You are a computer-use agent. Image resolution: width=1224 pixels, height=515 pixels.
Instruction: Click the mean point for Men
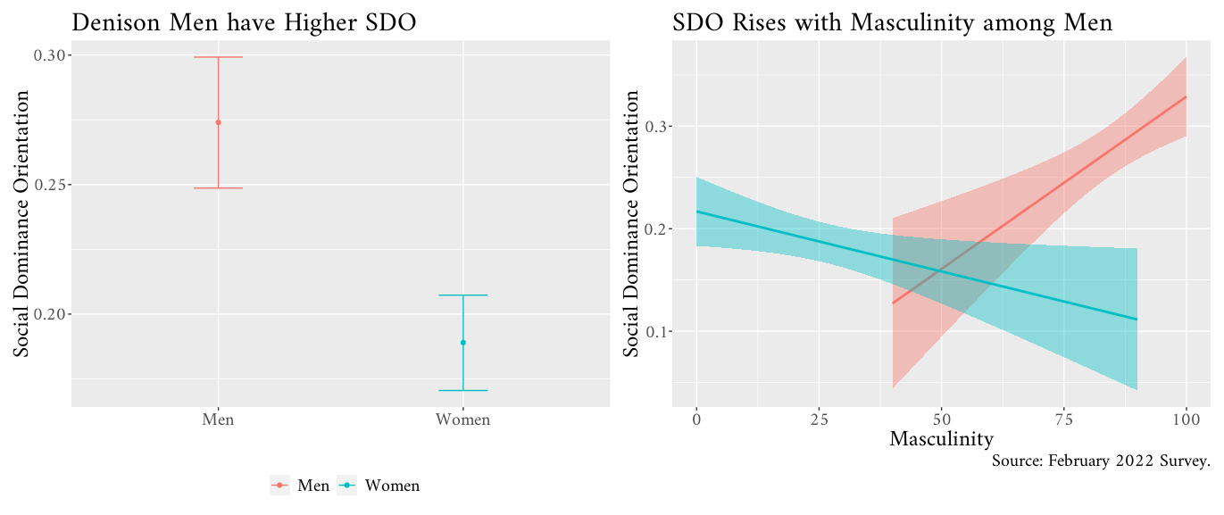pyautogui.click(x=218, y=122)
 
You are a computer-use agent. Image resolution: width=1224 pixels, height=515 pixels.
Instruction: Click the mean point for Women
pyautogui.click(x=463, y=343)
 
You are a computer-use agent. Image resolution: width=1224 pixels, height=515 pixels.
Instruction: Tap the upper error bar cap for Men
pyautogui.click(x=218, y=57)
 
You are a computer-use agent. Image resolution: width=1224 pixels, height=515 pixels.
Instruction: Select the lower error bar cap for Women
pyautogui.click(x=463, y=390)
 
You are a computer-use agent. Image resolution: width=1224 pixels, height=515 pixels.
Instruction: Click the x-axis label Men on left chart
pyautogui.click(x=218, y=419)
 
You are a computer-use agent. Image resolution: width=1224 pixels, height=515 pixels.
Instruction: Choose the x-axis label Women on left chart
pyautogui.click(x=463, y=419)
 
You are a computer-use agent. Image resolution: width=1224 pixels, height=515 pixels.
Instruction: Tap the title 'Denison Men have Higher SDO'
pyautogui.click(x=244, y=22)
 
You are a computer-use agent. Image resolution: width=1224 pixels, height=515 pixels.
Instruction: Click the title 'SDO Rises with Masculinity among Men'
pyautogui.click(x=893, y=22)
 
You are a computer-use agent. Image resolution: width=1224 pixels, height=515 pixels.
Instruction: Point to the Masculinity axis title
pyautogui.click(x=941, y=439)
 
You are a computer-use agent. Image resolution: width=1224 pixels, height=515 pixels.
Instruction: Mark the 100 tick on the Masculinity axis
pyautogui.click(x=1186, y=419)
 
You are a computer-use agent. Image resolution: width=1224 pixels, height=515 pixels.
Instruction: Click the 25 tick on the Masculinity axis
pyautogui.click(x=819, y=419)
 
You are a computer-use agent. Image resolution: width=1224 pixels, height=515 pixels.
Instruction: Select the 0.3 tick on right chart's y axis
pyautogui.click(x=657, y=127)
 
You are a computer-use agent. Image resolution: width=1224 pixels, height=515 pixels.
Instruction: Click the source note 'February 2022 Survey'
pyautogui.click(x=1100, y=461)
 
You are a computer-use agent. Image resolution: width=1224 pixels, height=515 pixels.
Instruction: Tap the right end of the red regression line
pyautogui.click(x=1186, y=96)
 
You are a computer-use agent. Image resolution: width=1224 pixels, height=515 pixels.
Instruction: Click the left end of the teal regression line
pyautogui.click(x=697, y=212)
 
